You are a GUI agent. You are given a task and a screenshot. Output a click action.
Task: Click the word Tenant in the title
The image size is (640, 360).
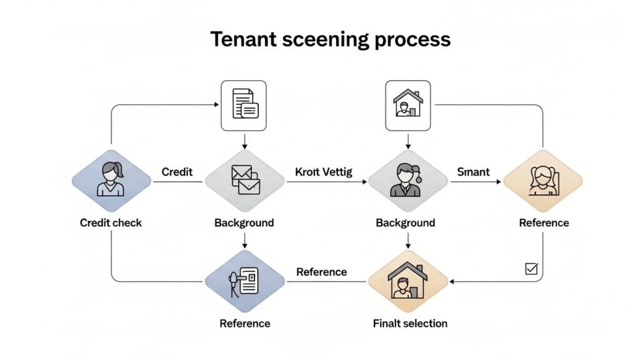coord(239,39)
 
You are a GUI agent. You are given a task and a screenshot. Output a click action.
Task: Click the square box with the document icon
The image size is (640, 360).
coord(244,105)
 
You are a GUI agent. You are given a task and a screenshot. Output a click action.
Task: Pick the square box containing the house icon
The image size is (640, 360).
coord(407,105)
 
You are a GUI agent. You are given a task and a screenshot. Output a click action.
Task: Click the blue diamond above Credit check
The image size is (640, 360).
coord(111,182)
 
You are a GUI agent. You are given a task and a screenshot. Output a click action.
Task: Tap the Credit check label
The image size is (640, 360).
coord(111,222)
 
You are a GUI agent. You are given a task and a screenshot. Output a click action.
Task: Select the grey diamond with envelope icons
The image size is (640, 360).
coord(244,182)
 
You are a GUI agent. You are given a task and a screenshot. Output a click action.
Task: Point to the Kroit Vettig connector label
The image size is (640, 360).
coord(323,171)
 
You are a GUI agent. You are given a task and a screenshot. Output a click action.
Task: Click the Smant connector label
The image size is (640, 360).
coord(473,171)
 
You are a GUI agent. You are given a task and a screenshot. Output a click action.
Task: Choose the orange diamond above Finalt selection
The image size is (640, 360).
coord(408,282)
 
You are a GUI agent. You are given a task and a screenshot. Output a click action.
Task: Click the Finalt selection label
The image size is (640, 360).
coord(410,323)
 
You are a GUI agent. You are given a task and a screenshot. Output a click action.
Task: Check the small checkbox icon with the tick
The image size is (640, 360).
coord(531,269)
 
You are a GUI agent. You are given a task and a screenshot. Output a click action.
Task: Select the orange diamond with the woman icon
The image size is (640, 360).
coord(543,182)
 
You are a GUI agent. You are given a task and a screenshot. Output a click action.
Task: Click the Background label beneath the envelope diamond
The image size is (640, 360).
coord(244,222)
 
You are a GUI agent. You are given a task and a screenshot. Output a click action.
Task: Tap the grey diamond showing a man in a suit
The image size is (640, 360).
coord(408,182)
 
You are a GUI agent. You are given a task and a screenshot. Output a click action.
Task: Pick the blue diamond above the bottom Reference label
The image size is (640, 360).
coord(244,282)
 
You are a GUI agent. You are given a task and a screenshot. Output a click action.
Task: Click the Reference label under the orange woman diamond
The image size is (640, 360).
coord(544,222)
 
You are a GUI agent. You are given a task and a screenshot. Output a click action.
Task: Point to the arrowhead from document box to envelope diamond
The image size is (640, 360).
coord(244,146)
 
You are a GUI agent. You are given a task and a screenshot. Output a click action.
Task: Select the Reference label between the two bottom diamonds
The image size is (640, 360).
coord(321,272)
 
